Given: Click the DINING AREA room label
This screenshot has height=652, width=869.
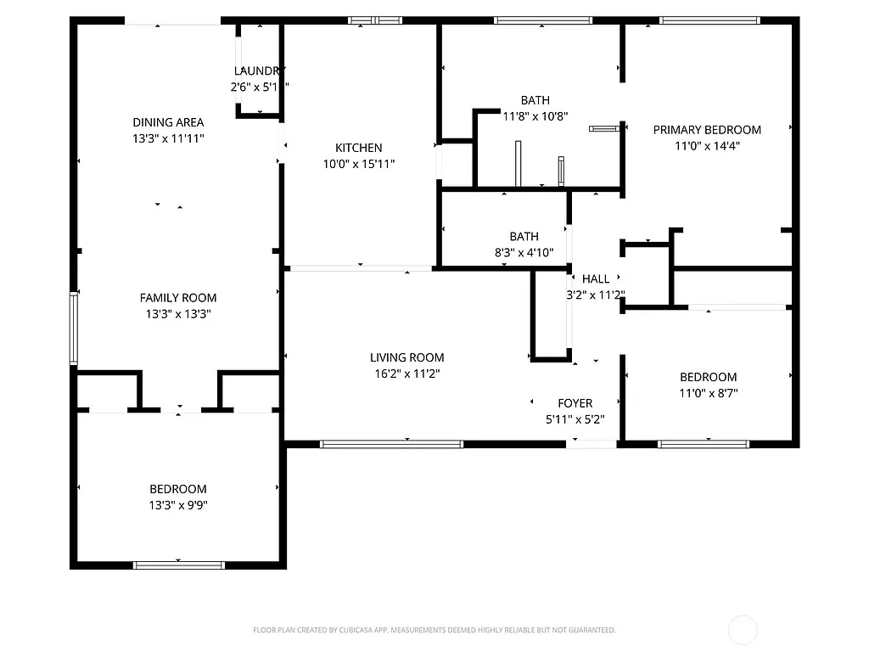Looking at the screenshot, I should pos(167,122).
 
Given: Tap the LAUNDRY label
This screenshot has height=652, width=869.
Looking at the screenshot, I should pos(259,71).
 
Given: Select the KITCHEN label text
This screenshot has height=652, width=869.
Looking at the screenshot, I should pos(358,148).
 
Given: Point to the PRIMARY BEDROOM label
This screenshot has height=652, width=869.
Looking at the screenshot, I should pos(706,130).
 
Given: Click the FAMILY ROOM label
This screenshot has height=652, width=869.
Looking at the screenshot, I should pos(177,298).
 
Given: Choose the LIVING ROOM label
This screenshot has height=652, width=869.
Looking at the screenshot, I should pos(406,357).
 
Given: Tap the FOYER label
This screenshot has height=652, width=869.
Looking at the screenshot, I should pos(575,403).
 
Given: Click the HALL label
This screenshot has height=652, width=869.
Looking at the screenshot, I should pos(595,279).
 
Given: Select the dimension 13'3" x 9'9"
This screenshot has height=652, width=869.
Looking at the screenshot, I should pos(177,505).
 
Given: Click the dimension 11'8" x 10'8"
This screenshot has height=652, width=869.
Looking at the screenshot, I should pos(535,116).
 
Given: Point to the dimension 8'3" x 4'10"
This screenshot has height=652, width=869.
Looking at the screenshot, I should pos(524,252).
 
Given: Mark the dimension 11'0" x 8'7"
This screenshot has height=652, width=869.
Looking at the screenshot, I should pos(708,393).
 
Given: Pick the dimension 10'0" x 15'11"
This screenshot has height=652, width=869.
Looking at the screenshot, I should pos(358,164).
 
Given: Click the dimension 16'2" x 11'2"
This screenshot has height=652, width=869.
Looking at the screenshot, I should pos(406,374).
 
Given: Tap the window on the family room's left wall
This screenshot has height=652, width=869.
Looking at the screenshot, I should pos(74,329).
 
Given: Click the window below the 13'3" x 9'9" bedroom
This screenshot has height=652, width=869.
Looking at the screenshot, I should pos(178,564).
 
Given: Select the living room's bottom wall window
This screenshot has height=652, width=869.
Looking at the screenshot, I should pos(391,443).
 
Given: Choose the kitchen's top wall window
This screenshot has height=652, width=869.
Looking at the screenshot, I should pos(374,20).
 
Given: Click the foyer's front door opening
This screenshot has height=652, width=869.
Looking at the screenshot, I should pos(591,443).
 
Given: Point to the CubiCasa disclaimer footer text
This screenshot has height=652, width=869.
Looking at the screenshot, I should pos(434,630).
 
